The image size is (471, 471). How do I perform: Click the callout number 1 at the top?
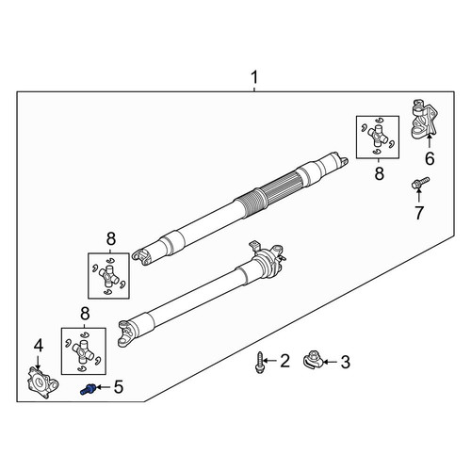pyautogui.click(x=254, y=77)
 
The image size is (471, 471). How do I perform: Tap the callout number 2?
pyautogui.click(x=284, y=361)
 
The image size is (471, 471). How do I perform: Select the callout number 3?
pyautogui.click(x=345, y=362)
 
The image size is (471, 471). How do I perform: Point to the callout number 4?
pyautogui.click(x=39, y=346)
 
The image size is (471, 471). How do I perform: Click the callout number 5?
pyautogui.click(x=119, y=387)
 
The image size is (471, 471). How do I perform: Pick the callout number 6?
pyautogui.click(x=430, y=158)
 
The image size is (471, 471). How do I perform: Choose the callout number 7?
pyautogui.click(x=419, y=213)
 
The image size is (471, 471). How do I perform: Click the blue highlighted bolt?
pyautogui.click(x=88, y=389)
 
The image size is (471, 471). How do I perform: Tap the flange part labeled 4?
pyautogui.click(x=42, y=382)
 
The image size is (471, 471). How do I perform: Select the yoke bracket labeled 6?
pyautogui.click(x=425, y=119)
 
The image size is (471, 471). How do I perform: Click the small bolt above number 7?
pyautogui.click(x=420, y=183)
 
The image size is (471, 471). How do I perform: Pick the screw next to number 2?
pyautogui.click(x=260, y=363)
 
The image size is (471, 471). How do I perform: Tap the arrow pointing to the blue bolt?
pyautogui.click(x=103, y=387)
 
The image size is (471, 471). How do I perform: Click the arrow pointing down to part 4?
pyautogui.click(x=39, y=362)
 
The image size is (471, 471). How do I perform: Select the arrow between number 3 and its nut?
pyautogui.click(x=331, y=362)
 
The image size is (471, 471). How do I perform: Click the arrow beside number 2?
pyautogui.click(x=270, y=360)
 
